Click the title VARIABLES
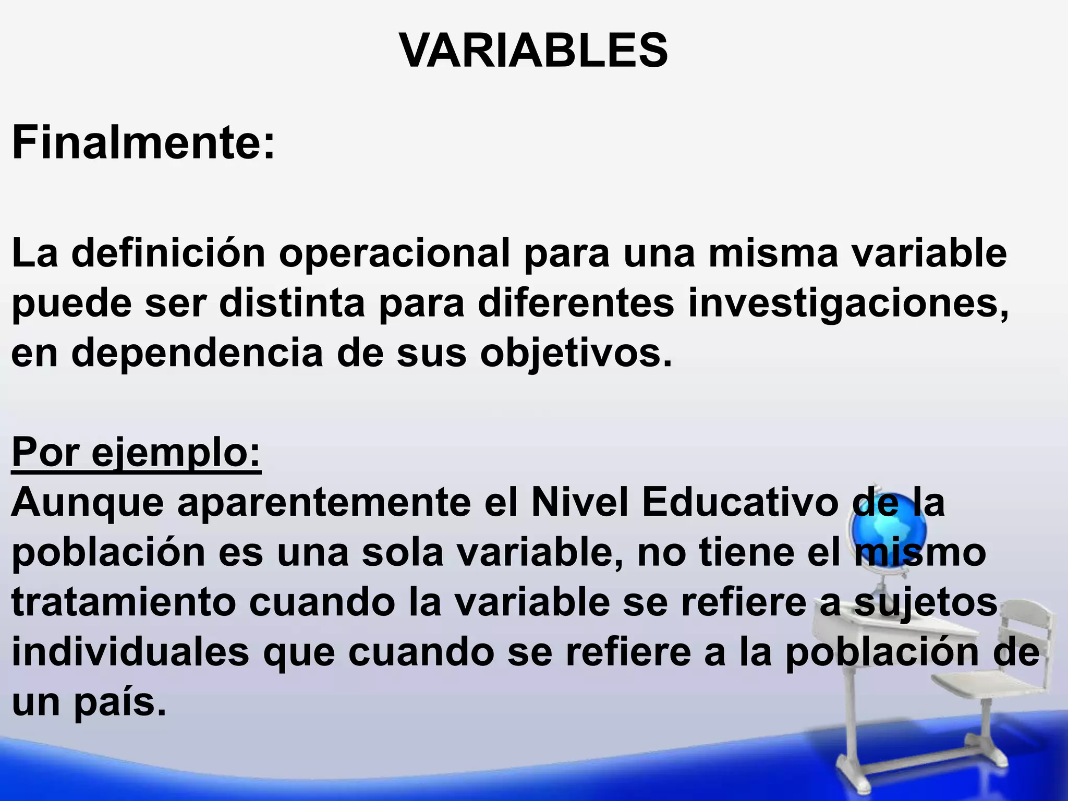click(533, 51)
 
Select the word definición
click(168, 254)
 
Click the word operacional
click(394, 254)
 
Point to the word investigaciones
click(848, 304)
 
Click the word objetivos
click(575, 354)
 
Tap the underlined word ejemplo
click(175, 453)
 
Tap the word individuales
click(130, 652)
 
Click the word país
click(120, 702)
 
